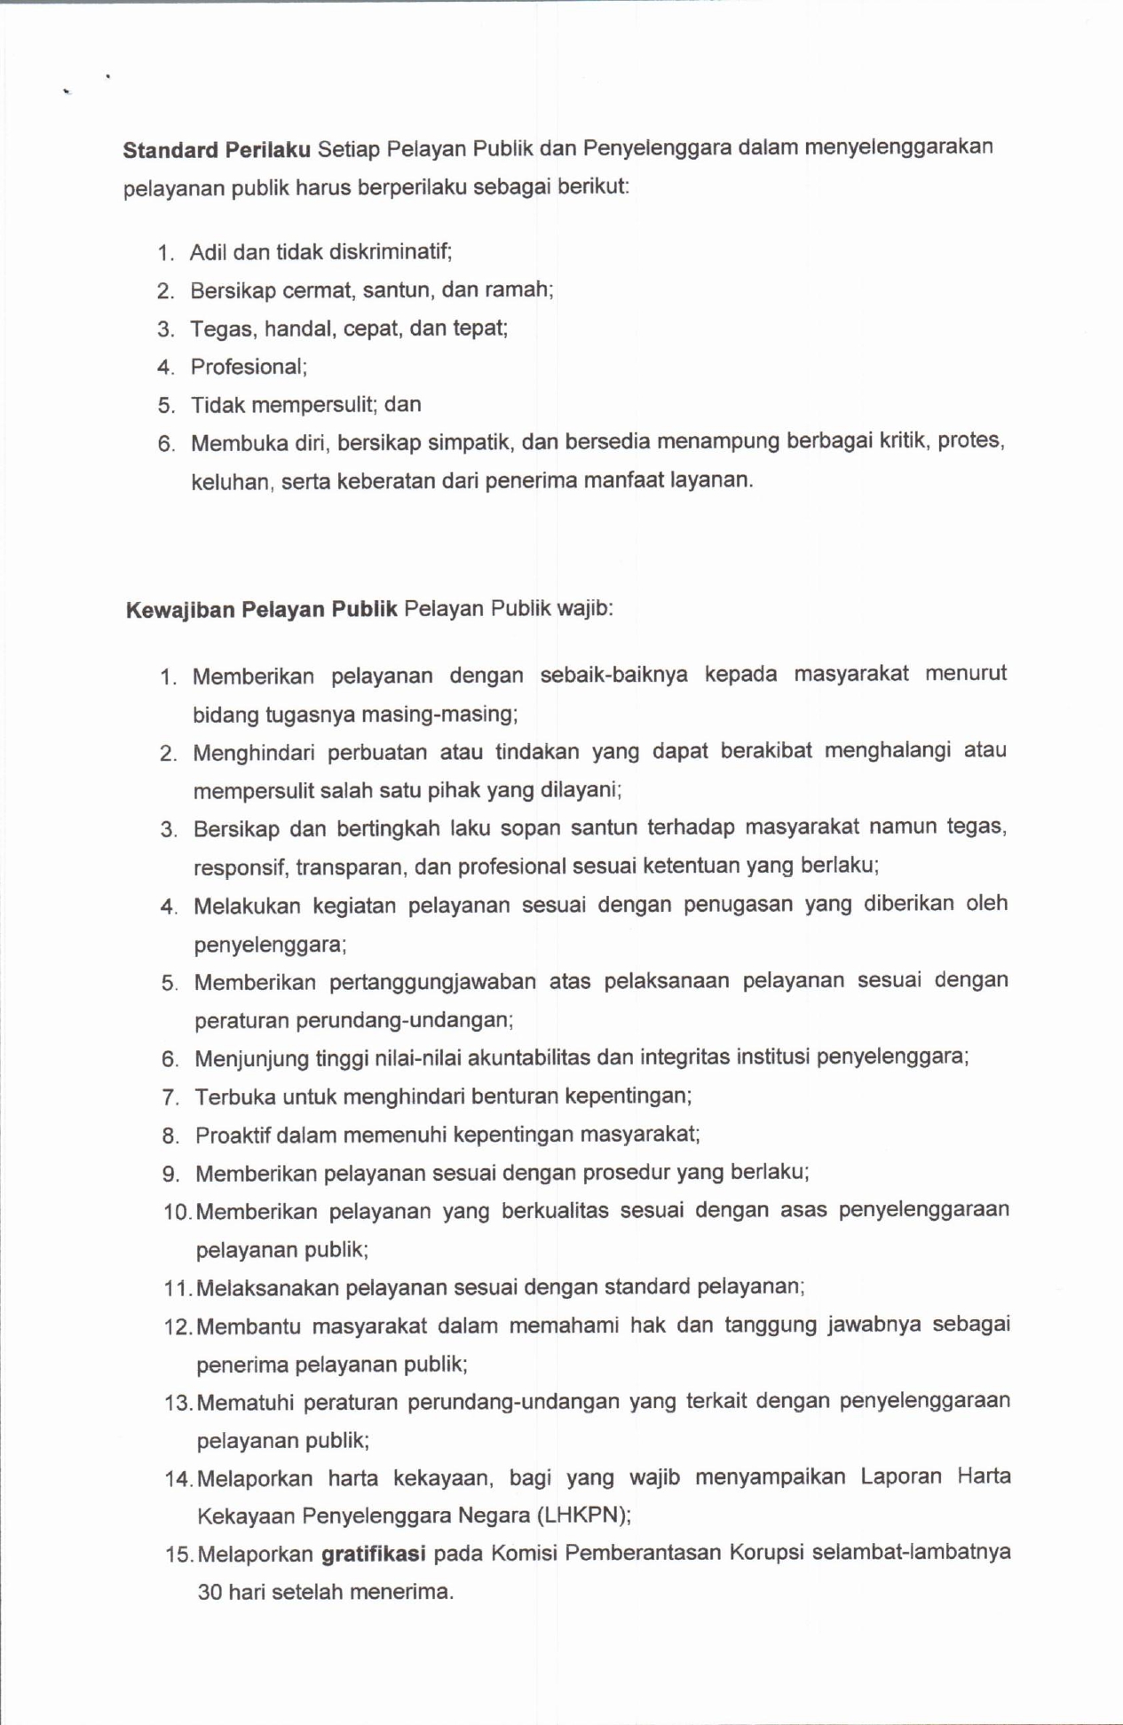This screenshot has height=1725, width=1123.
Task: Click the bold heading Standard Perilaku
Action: (x=216, y=149)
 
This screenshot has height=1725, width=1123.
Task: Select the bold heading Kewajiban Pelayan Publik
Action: (x=261, y=610)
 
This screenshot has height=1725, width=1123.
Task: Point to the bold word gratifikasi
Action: (x=373, y=1554)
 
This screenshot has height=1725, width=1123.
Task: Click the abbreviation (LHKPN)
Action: (x=587, y=1515)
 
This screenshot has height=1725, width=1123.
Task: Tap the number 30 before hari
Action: (x=210, y=1592)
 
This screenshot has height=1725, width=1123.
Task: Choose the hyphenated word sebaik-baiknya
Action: (x=613, y=675)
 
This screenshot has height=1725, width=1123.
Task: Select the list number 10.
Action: (x=176, y=1212)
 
